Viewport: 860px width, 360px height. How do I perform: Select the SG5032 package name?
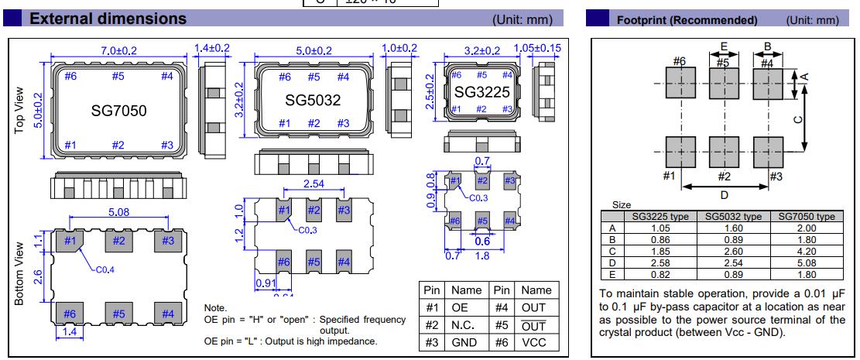coord(313,100)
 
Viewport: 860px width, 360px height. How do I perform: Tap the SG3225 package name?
coord(482,92)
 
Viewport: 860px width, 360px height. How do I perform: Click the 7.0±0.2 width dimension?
coord(118,50)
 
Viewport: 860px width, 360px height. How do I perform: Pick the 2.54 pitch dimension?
coord(313,184)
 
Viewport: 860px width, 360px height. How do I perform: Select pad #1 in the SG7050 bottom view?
coord(70,241)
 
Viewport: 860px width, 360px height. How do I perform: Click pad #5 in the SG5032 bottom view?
coord(314,262)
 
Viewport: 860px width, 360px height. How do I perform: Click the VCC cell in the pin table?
coord(536,342)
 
